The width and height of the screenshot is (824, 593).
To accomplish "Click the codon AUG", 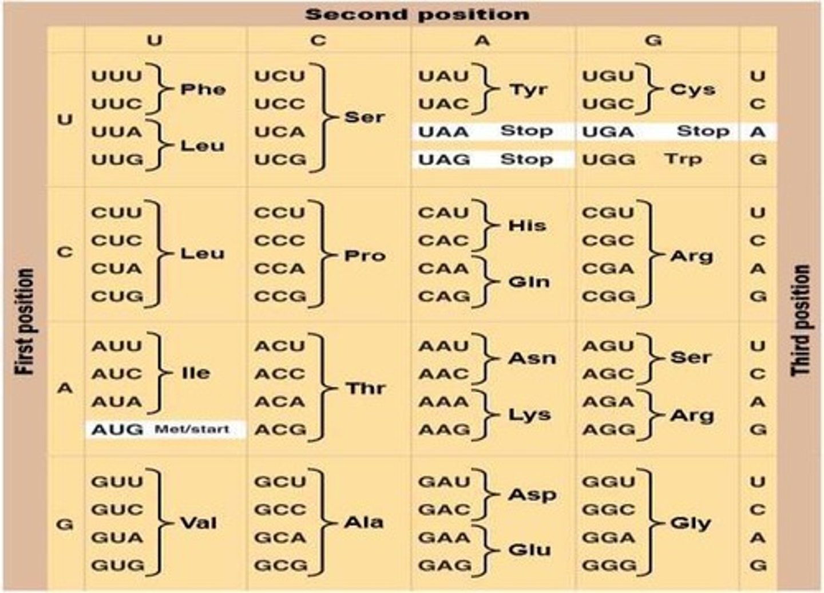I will coord(117,429).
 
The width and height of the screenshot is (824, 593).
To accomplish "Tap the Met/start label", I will coord(192,429).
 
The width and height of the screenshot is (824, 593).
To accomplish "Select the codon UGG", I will coord(608,159).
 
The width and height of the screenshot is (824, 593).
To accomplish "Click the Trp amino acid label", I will coord(683,159).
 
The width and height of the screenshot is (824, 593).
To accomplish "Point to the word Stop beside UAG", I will coord(526,159).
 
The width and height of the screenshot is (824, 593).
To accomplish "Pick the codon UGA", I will coord(608,132).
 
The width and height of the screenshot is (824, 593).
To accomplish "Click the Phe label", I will coord(203,89).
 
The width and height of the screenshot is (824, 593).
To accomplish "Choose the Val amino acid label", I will coord(199,523).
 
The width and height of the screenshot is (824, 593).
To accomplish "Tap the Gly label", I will coord(691,523).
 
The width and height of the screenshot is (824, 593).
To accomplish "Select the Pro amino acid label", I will coord(365,255).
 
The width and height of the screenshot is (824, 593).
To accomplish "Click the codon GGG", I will coord(609,566).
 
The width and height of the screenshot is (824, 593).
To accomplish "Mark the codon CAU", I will coord(443,212).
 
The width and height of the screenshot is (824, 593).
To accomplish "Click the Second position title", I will coord(417,14).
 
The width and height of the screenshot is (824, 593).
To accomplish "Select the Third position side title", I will coord(801,321).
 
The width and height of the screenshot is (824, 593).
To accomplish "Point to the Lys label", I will coord(529,414).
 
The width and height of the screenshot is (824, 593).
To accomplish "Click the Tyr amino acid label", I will coord(528,89).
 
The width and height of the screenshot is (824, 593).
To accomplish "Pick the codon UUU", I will coord(116,76).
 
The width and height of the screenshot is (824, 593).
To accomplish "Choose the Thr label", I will coord(365,389).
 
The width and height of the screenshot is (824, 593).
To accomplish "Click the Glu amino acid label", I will coord(529,550).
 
